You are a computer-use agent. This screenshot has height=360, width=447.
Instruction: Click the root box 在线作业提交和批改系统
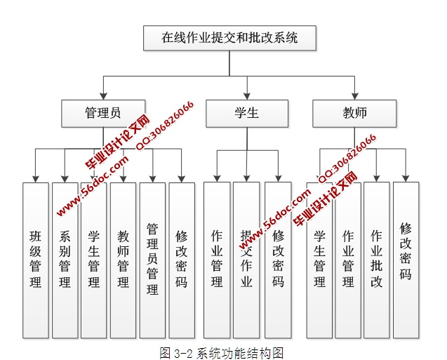[230, 38]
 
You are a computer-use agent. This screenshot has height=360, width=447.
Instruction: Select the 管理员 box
[102, 113]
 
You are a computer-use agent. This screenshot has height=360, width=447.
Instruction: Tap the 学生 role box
[246, 113]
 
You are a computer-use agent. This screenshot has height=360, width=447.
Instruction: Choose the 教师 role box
[354, 113]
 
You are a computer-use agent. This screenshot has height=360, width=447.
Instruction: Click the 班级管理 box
[35, 260]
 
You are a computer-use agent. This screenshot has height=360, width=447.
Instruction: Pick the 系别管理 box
[65, 260]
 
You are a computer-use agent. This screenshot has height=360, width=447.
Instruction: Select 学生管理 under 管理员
[94, 260]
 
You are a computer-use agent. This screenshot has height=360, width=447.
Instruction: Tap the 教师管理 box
[124, 260]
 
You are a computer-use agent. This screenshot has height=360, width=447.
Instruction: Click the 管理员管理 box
[152, 260]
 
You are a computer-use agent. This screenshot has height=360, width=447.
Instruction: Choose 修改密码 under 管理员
[182, 260]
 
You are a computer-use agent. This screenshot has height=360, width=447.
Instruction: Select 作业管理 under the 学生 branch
[217, 260]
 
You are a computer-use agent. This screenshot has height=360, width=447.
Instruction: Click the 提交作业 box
[246, 260]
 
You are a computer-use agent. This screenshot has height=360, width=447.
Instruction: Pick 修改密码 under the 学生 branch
[278, 260]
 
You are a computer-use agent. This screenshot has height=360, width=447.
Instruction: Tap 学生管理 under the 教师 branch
[319, 260]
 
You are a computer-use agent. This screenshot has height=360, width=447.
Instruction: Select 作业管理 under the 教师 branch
[348, 260]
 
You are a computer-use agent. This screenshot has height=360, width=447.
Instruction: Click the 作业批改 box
[377, 260]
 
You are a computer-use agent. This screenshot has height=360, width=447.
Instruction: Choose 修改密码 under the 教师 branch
[406, 260]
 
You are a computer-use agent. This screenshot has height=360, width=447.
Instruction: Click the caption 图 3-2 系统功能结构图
[221, 352]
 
